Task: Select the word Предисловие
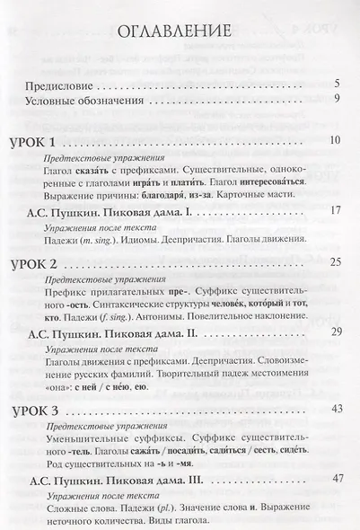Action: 59,86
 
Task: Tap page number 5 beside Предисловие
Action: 335,86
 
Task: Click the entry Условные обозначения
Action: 85,100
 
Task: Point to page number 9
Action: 335,100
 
